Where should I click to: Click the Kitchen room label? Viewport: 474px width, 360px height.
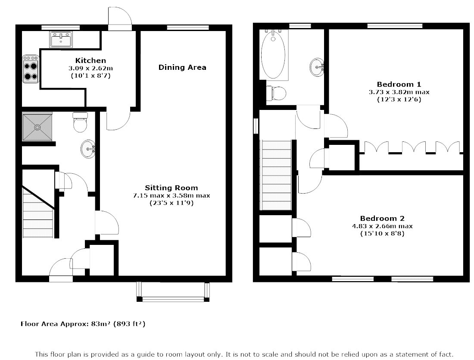tap(90, 60)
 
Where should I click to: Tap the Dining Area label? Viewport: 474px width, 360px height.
tap(182, 67)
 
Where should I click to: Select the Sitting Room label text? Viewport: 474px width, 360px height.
tap(172, 188)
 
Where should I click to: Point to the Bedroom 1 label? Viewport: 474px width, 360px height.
tap(399, 85)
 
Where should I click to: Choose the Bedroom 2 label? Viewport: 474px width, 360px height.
tap(382, 219)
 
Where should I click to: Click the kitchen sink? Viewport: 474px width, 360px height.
tap(61, 40)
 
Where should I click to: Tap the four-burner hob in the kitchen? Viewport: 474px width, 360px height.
tap(31, 69)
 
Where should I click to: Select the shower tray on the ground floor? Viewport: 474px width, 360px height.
tap(37, 127)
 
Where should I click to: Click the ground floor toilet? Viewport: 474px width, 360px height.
tap(81, 122)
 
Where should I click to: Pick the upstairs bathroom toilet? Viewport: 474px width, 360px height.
tap(276, 94)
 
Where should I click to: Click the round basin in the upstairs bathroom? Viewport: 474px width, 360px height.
tap(317, 67)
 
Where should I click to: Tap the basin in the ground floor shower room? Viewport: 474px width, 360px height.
tap(88, 149)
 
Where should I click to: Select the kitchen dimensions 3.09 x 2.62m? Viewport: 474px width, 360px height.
tap(90, 69)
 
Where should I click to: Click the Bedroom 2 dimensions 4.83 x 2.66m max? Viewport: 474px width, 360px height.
tap(382, 226)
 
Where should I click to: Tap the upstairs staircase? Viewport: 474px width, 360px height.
tap(276, 175)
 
